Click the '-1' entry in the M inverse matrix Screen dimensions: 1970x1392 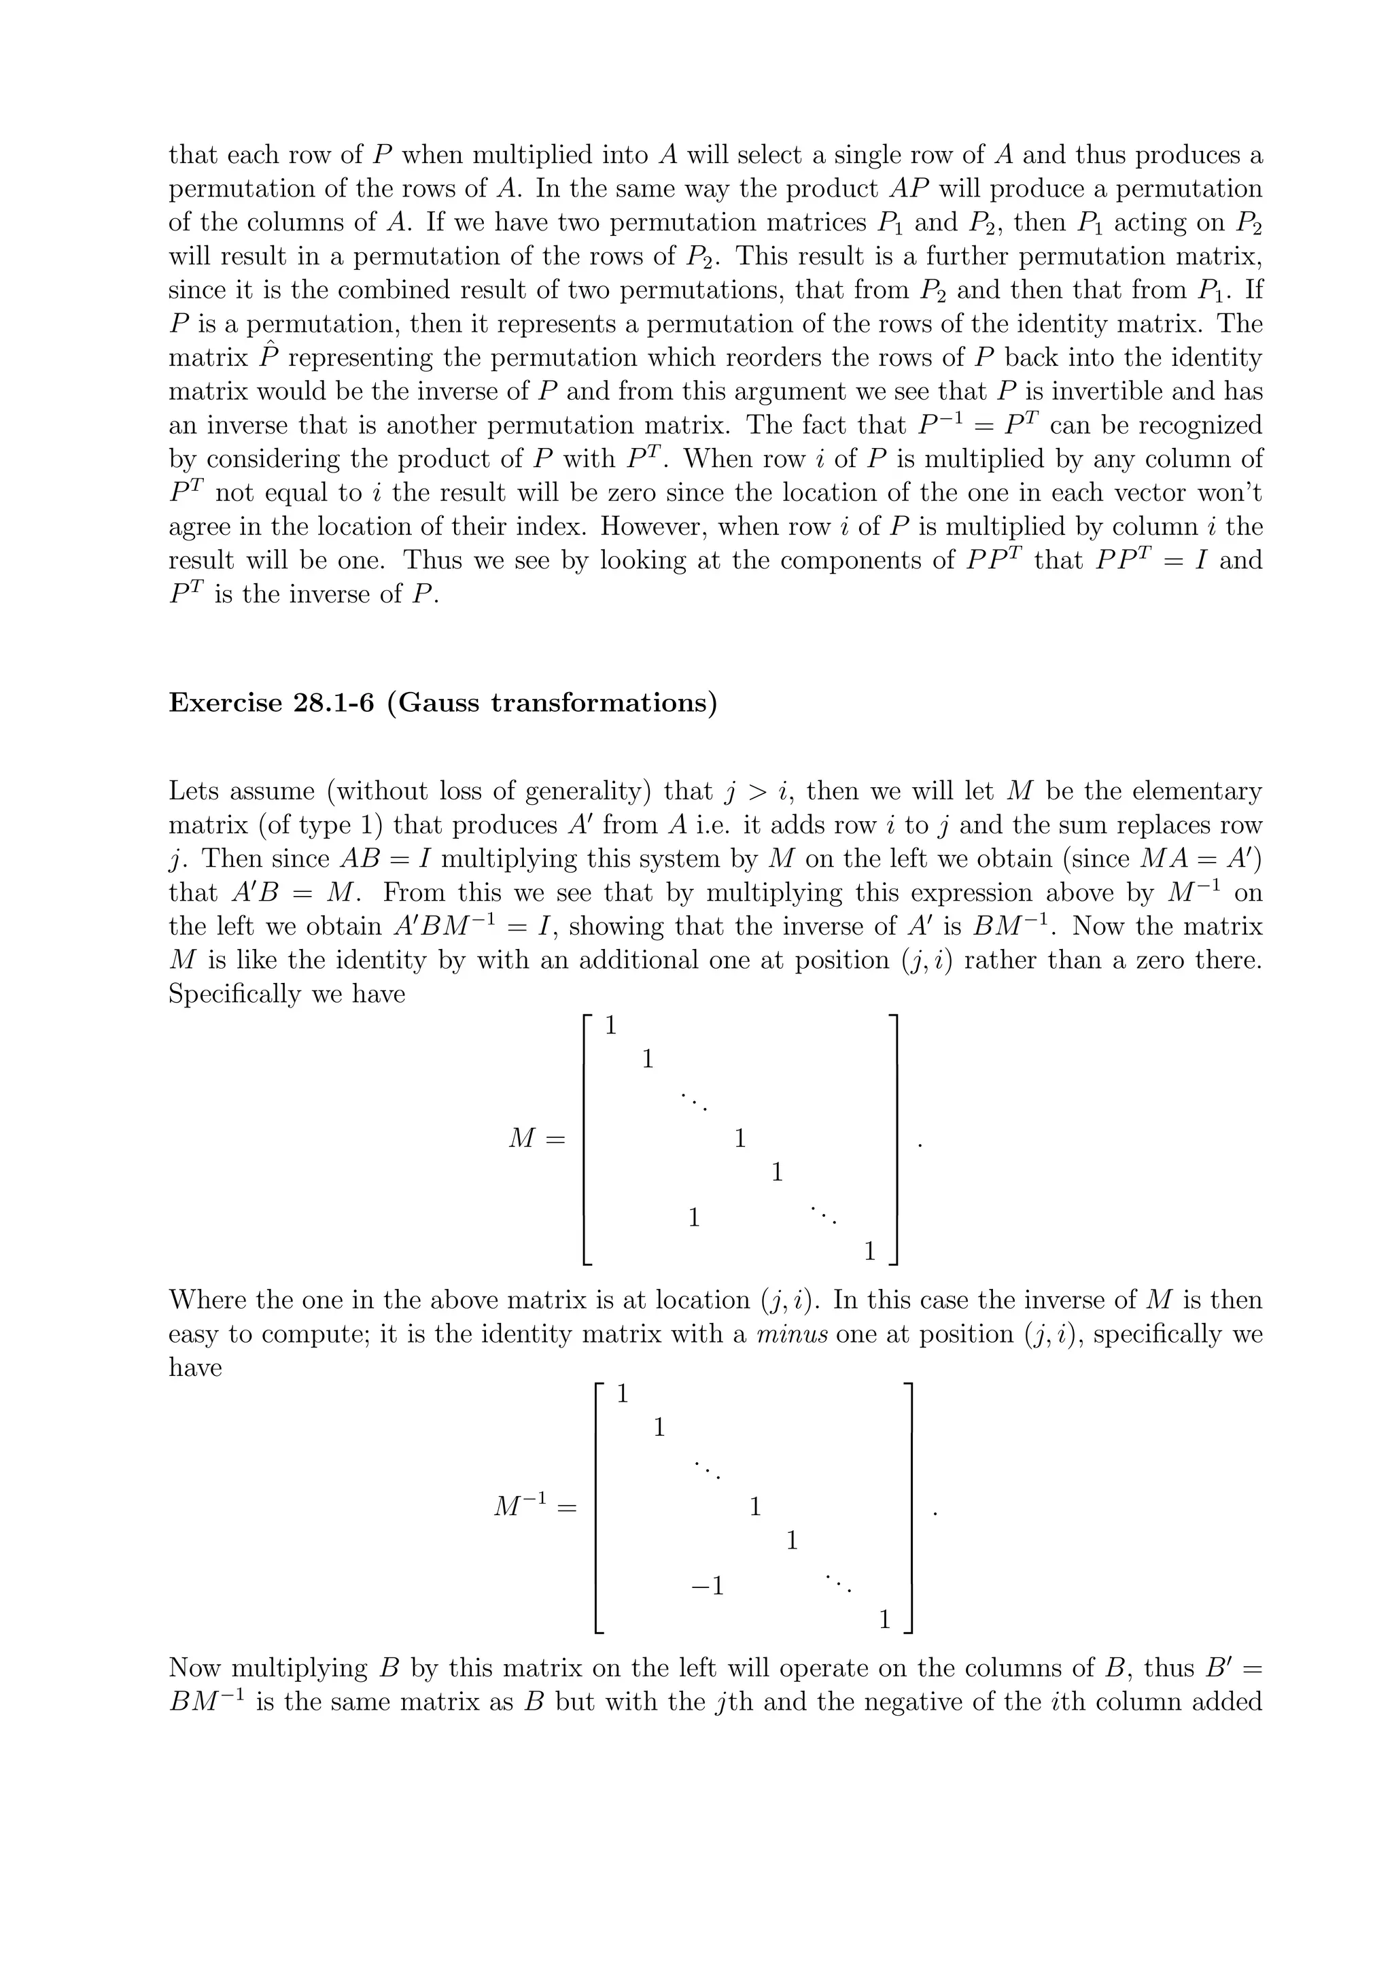(x=708, y=1587)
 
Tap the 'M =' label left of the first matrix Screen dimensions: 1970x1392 (x=537, y=1139)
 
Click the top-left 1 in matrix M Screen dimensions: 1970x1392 (x=610, y=1025)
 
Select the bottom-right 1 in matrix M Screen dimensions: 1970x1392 (x=869, y=1252)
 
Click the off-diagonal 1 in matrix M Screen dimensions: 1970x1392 (x=694, y=1217)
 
